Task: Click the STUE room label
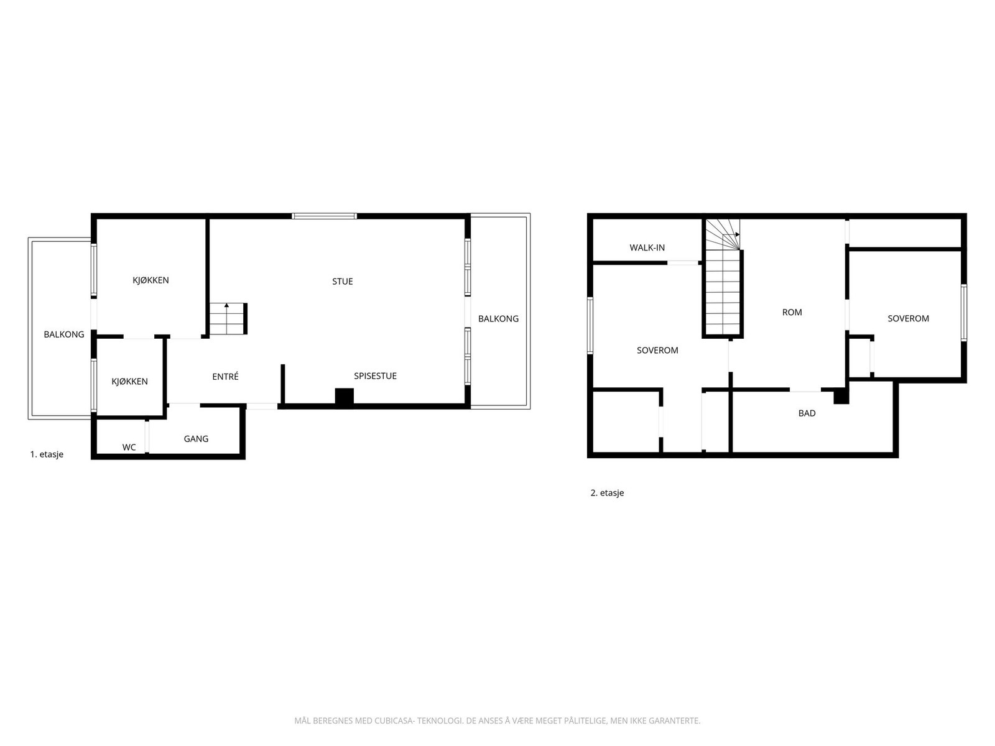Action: [x=342, y=282]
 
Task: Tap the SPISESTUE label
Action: [x=375, y=376]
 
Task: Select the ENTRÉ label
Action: [x=225, y=377]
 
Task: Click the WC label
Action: [x=129, y=447]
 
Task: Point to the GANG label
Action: [x=196, y=439]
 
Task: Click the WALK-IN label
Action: [x=647, y=247]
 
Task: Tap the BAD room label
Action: [x=807, y=413]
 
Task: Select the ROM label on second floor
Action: [x=792, y=313]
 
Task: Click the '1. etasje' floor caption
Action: [x=47, y=454]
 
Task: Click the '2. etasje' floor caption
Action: [x=607, y=493]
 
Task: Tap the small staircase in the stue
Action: [x=228, y=319]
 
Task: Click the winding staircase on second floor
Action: [x=723, y=280]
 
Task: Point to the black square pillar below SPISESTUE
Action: [x=344, y=397]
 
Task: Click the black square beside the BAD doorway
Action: [x=841, y=396]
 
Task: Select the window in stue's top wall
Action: [x=324, y=216]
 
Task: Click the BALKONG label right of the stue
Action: [x=498, y=319]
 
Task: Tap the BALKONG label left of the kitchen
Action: [x=63, y=334]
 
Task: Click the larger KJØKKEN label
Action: [x=150, y=280]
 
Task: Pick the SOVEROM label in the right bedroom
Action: [x=908, y=318]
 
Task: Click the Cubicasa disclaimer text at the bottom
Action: [x=497, y=721]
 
